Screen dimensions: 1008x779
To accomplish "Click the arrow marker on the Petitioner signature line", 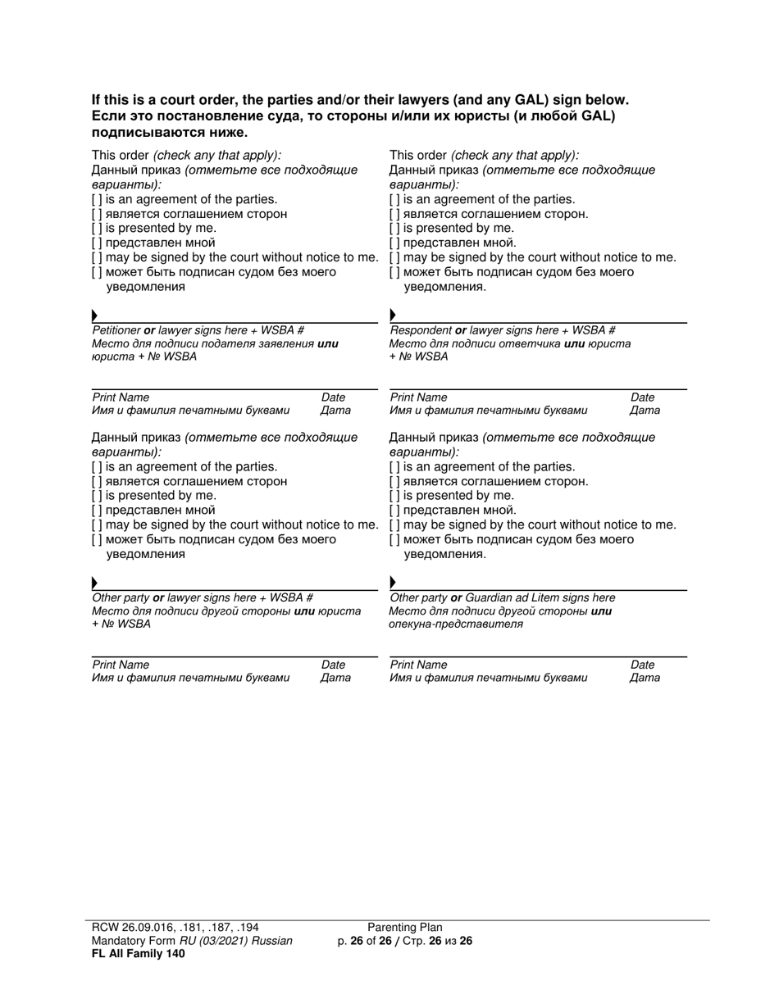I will (95, 316).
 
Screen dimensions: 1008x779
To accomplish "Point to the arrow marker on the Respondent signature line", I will (393, 316).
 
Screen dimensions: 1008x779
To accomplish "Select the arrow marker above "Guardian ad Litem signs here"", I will (393, 583).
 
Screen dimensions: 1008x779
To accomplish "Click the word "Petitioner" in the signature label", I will (116, 330).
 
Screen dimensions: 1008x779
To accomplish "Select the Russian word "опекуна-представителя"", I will (456, 624).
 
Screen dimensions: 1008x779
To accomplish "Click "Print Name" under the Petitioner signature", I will (121, 397).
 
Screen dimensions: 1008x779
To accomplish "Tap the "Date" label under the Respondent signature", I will (642, 397).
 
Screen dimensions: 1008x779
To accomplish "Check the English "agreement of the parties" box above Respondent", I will (394, 199).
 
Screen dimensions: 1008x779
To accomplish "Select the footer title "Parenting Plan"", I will (404, 928).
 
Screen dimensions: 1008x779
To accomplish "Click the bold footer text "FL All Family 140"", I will (138, 953).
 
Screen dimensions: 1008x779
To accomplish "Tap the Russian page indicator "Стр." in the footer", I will (413, 941).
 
